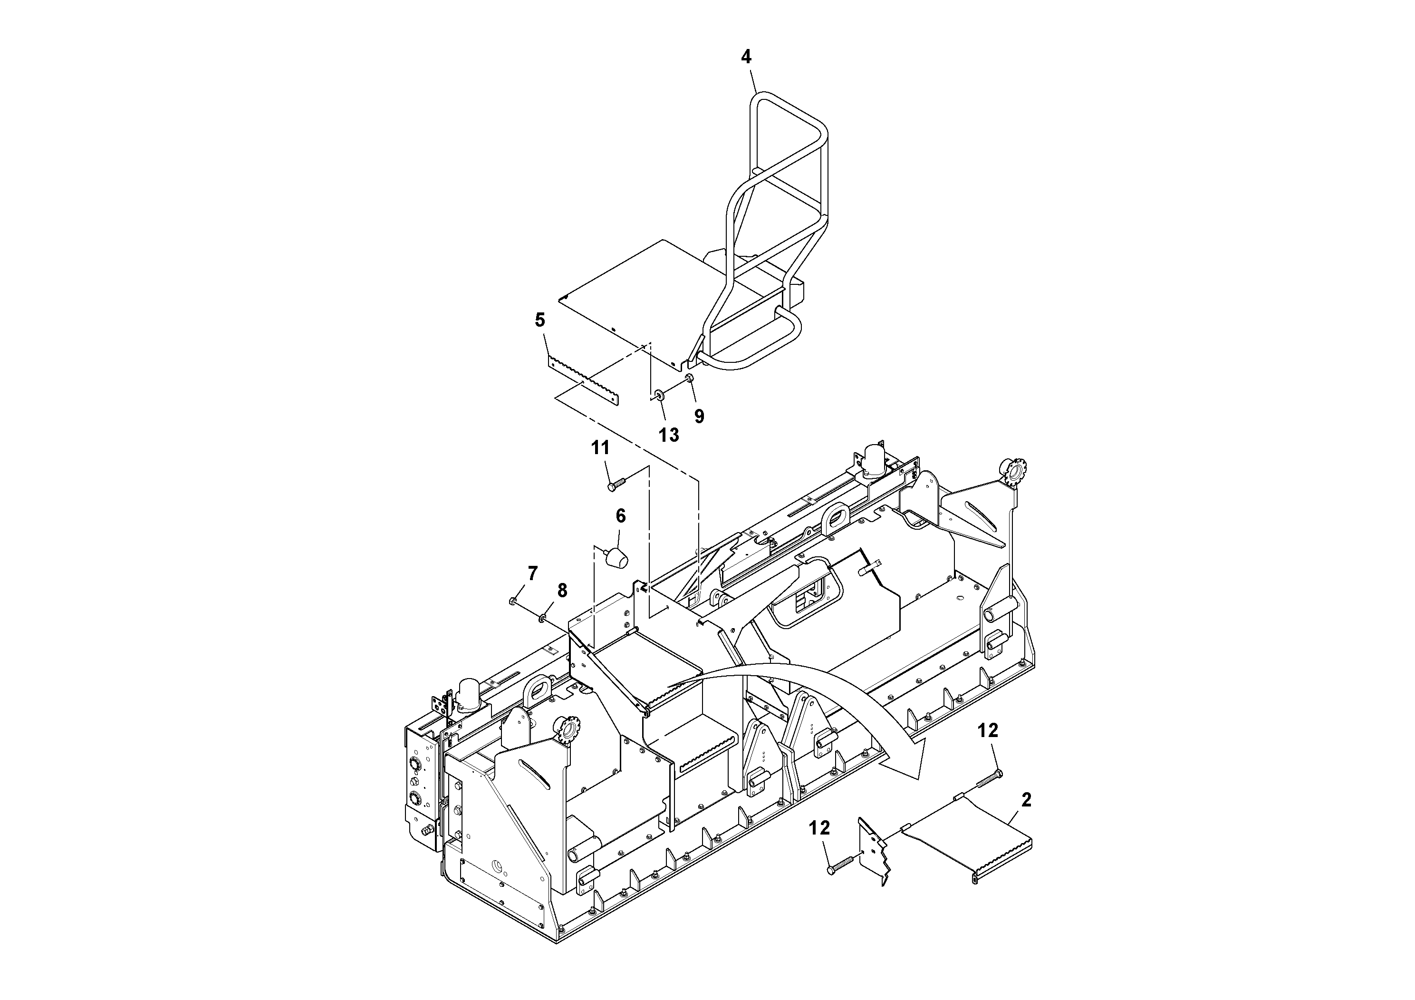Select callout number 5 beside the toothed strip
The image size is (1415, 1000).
point(540,320)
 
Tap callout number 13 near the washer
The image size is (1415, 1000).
point(668,435)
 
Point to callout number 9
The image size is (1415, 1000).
point(699,417)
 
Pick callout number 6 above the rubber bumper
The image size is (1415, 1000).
point(621,516)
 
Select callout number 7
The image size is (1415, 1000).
point(532,573)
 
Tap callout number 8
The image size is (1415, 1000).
point(562,591)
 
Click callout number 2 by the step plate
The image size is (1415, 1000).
point(1026,800)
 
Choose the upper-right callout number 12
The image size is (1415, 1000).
point(988,730)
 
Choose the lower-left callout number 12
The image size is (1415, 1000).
point(819,828)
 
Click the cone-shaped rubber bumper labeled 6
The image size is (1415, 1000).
point(616,558)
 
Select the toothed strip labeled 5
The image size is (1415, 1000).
point(582,382)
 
